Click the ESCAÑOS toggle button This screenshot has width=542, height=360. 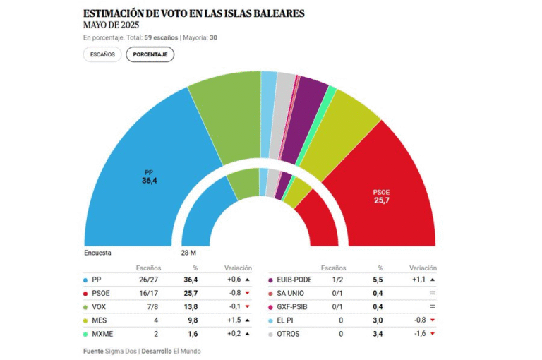coord(102,54)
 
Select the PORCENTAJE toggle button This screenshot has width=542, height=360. coord(150,54)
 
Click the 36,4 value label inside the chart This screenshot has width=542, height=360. coord(149,181)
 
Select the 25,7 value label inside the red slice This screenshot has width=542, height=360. coord(382,200)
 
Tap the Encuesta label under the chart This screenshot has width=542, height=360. coord(97,253)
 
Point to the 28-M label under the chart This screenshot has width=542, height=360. coord(189,253)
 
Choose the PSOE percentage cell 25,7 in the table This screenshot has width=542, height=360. coord(191,293)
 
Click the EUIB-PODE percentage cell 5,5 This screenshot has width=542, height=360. coord(379,280)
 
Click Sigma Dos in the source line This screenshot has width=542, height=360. coord(122,351)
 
